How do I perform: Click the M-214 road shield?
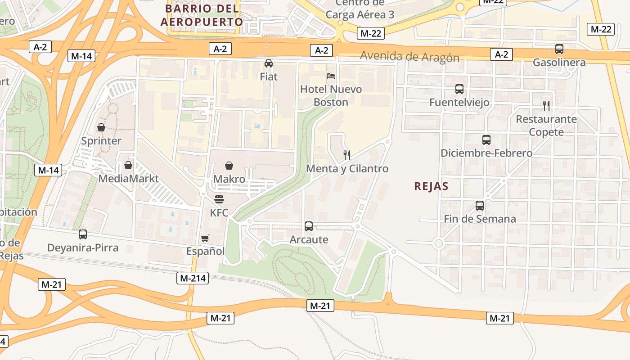(x=193, y=278)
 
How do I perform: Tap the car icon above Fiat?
(x=269, y=63)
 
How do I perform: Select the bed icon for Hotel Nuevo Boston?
(x=331, y=76)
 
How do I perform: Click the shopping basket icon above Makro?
(x=229, y=166)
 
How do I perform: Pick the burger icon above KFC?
(x=219, y=199)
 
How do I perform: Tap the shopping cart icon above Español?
(x=205, y=238)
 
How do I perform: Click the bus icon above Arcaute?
(x=309, y=226)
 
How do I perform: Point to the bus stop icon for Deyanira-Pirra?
(x=83, y=234)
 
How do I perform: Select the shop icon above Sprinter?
(x=101, y=127)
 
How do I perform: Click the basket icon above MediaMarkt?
(x=128, y=165)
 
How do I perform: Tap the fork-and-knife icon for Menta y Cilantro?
(x=347, y=155)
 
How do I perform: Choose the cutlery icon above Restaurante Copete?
(x=546, y=106)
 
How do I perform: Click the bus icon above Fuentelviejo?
(x=459, y=89)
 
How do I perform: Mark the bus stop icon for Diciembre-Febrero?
(x=486, y=140)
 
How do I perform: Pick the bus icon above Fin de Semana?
(x=480, y=206)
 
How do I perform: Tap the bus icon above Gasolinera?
(x=559, y=49)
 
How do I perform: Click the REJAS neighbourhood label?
(x=432, y=186)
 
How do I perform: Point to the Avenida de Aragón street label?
(x=409, y=57)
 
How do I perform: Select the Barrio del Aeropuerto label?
(x=202, y=15)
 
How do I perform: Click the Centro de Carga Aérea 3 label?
(x=360, y=9)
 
